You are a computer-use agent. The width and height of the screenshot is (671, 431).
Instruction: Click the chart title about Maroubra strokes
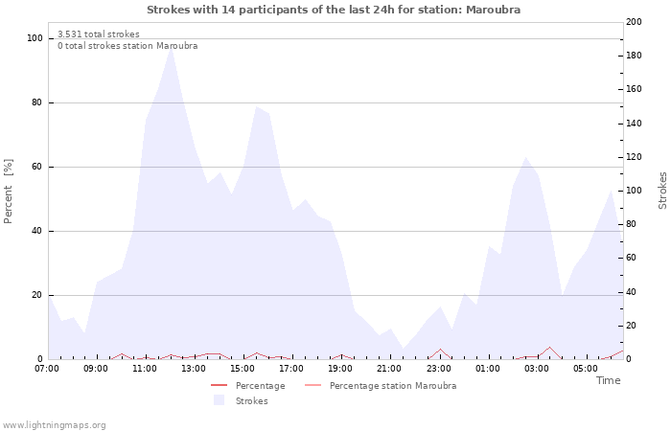(x=335, y=10)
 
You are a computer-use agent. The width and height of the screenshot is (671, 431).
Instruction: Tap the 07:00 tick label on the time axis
(x=47, y=369)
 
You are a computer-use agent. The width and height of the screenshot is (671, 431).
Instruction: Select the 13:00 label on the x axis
(x=195, y=369)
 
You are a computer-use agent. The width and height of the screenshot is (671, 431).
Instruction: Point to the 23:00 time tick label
(x=439, y=369)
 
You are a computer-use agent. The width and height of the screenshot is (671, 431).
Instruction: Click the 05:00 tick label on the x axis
(x=587, y=369)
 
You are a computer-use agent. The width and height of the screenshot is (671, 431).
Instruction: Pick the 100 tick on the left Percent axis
(x=35, y=38)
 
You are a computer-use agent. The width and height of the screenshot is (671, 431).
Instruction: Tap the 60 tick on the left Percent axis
(x=37, y=167)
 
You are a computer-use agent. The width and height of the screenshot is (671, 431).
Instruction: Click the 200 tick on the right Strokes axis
(x=635, y=22)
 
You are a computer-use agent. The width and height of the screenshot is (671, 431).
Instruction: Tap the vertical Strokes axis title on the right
(x=662, y=191)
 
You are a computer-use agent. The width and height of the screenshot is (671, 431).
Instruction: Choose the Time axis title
(x=608, y=381)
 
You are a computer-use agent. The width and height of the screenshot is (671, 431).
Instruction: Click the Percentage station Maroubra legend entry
(x=392, y=386)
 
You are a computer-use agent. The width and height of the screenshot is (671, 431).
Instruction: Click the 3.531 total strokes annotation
(x=98, y=34)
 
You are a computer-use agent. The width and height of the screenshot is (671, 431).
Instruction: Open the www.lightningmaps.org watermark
(x=55, y=425)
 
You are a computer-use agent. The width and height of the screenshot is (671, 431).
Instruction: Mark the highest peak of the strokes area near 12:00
(x=171, y=47)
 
